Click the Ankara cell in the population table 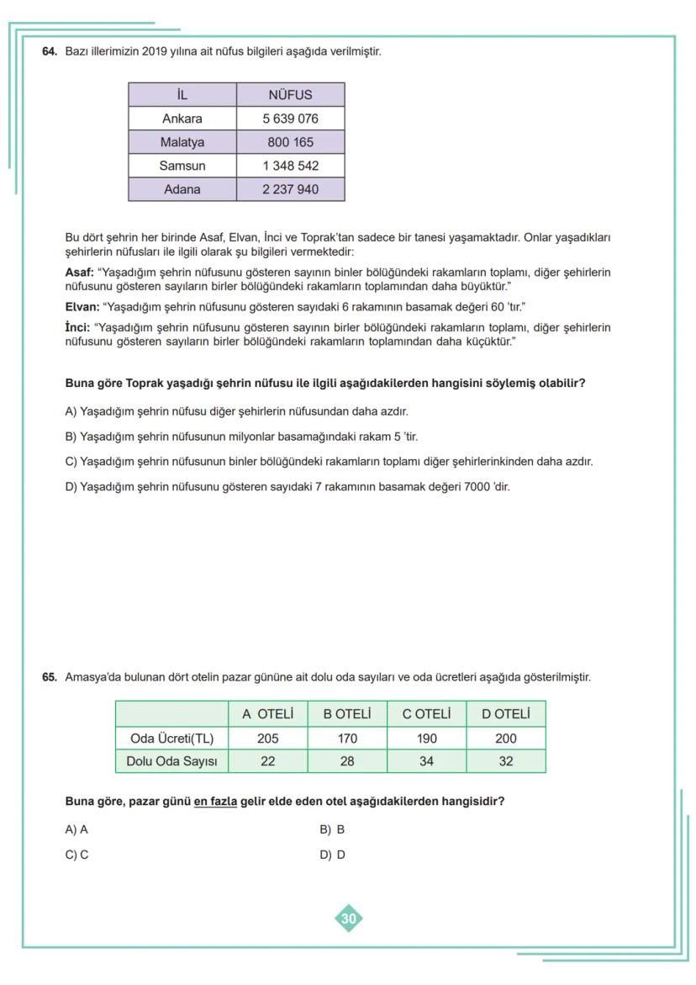(x=182, y=119)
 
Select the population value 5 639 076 (x=290, y=119)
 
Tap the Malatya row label (x=182, y=142)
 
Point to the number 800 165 (x=290, y=142)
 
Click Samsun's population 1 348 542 (x=290, y=166)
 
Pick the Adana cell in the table (x=182, y=189)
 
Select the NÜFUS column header (x=290, y=94)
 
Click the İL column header (x=182, y=94)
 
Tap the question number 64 (x=50, y=51)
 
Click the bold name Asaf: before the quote (x=80, y=273)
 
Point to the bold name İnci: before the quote (x=78, y=327)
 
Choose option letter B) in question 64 (x=71, y=437)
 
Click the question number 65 (x=50, y=677)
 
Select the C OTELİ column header (x=426, y=714)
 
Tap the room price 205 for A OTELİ (x=267, y=739)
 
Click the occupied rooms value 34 (x=426, y=762)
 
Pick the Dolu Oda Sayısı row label (x=171, y=762)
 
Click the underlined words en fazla (x=215, y=802)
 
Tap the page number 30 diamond (x=349, y=919)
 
